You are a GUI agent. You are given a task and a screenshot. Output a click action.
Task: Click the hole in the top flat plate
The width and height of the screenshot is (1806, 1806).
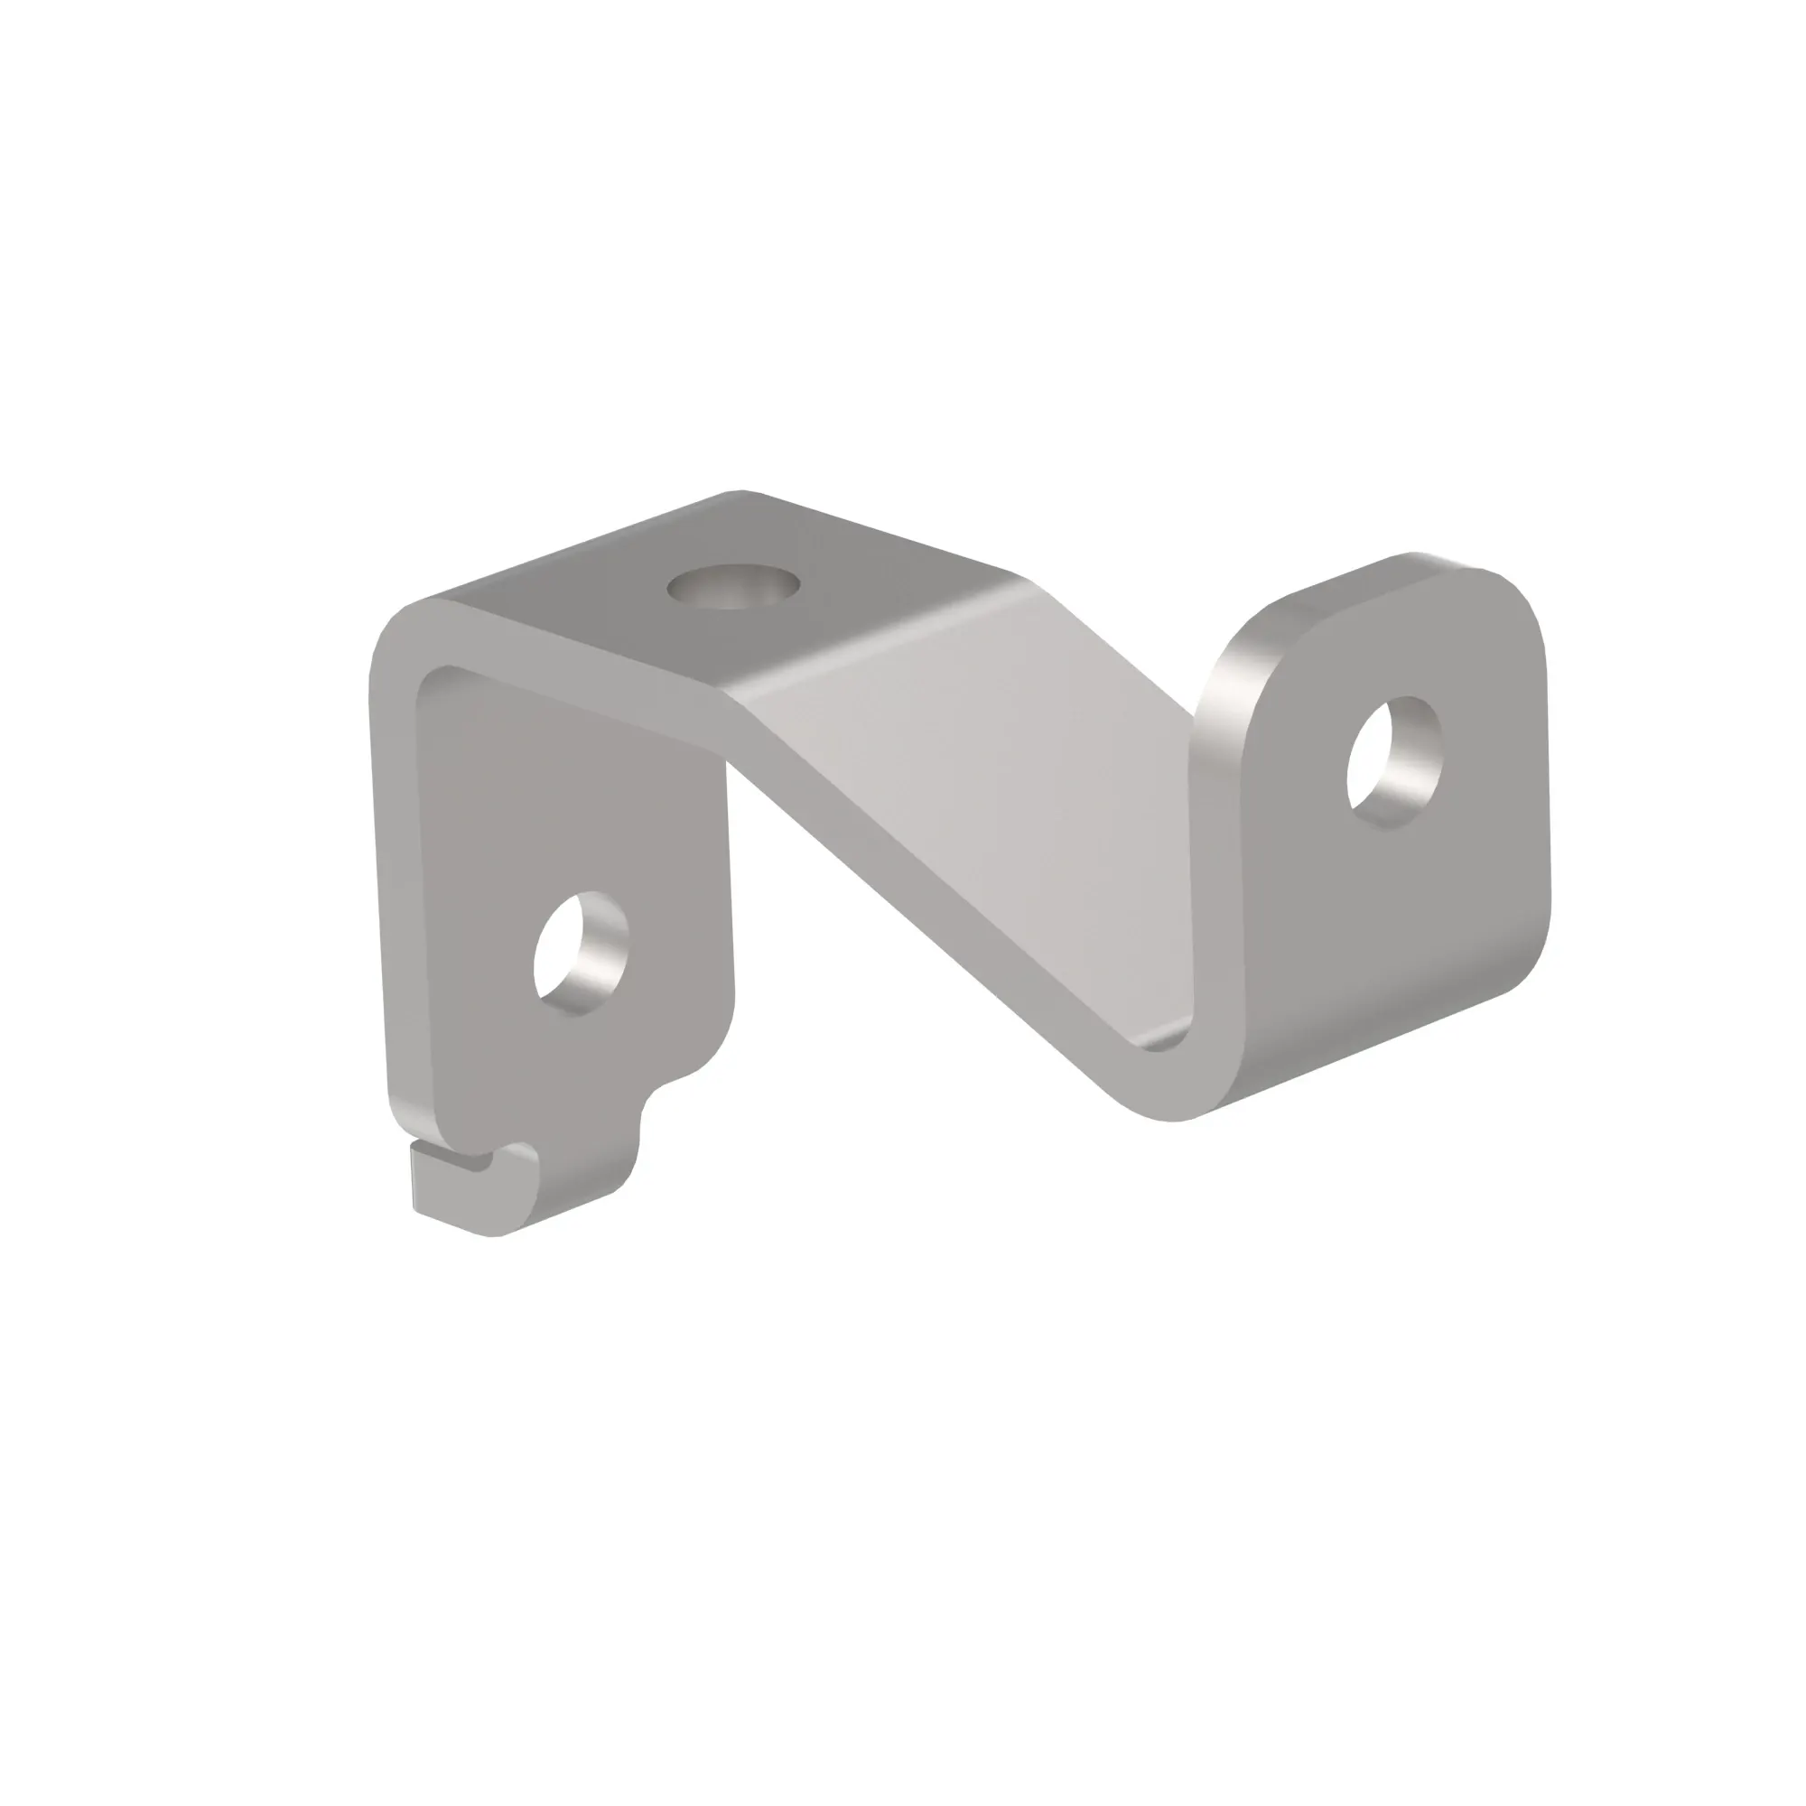click(733, 587)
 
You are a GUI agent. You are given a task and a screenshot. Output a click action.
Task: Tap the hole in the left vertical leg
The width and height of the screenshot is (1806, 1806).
click(579, 954)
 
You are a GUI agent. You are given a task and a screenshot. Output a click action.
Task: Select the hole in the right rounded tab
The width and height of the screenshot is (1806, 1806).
click(1393, 761)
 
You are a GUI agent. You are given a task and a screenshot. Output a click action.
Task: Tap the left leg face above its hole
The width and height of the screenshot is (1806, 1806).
click(570, 804)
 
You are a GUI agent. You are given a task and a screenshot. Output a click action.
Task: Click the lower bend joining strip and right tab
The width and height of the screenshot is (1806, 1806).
click(1168, 1075)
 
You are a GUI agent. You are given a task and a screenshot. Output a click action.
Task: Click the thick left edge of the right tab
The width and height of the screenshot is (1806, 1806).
click(1220, 842)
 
